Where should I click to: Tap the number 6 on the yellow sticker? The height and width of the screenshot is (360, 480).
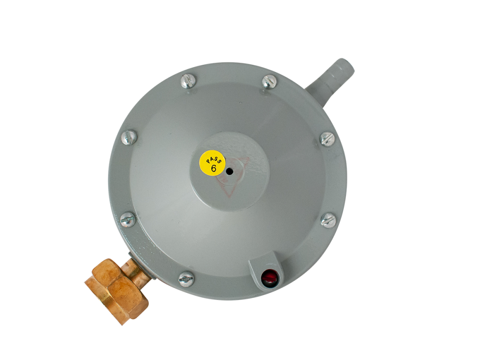[214, 168]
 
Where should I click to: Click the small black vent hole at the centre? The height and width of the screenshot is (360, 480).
[229, 172]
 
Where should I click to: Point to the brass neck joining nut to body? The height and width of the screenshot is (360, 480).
[137, 269]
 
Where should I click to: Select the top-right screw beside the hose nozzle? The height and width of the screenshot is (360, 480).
[270, 82]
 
